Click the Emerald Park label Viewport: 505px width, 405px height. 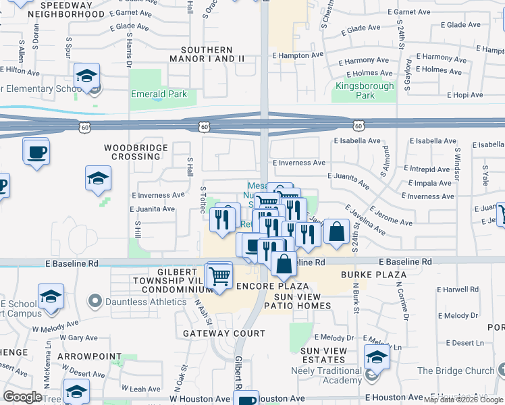[x=159, y=94]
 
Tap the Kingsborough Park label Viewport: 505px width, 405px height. [x=365, y=90]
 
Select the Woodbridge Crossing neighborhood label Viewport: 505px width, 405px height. [x=132, y=151]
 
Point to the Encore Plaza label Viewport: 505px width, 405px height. [x=273, y=287]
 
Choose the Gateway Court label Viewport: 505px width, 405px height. [x=224, y=333]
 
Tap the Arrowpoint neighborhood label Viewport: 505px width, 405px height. [x=89, y=356]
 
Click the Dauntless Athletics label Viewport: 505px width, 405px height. [x=144, y=302]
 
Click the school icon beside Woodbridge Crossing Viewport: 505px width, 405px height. [x=98, y=179]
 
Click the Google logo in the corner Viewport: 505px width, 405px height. [x=22, y=397]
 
